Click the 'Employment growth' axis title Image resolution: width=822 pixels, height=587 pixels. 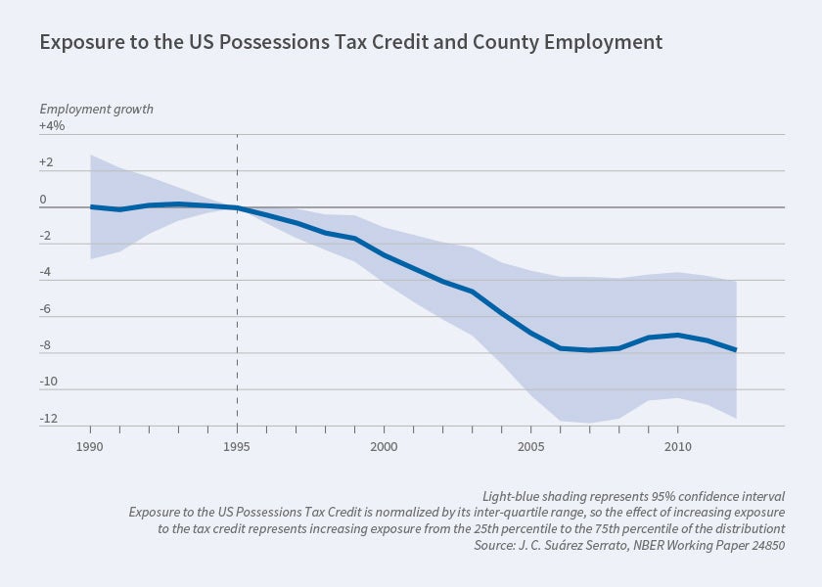click(96, 109)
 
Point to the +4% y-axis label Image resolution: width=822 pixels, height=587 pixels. click(52, 125)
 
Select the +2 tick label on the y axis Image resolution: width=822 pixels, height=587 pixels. click(48, 162)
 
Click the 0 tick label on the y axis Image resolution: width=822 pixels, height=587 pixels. click(43, 199)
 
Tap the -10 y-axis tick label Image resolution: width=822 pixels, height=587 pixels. click(48, 383)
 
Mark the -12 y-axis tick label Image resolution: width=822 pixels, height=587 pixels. click(48, 419)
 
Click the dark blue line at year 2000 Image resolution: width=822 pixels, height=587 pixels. click(384, 255)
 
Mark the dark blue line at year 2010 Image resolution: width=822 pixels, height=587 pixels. click(677, 335)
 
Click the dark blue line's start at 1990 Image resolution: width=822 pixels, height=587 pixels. click(91, 206)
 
